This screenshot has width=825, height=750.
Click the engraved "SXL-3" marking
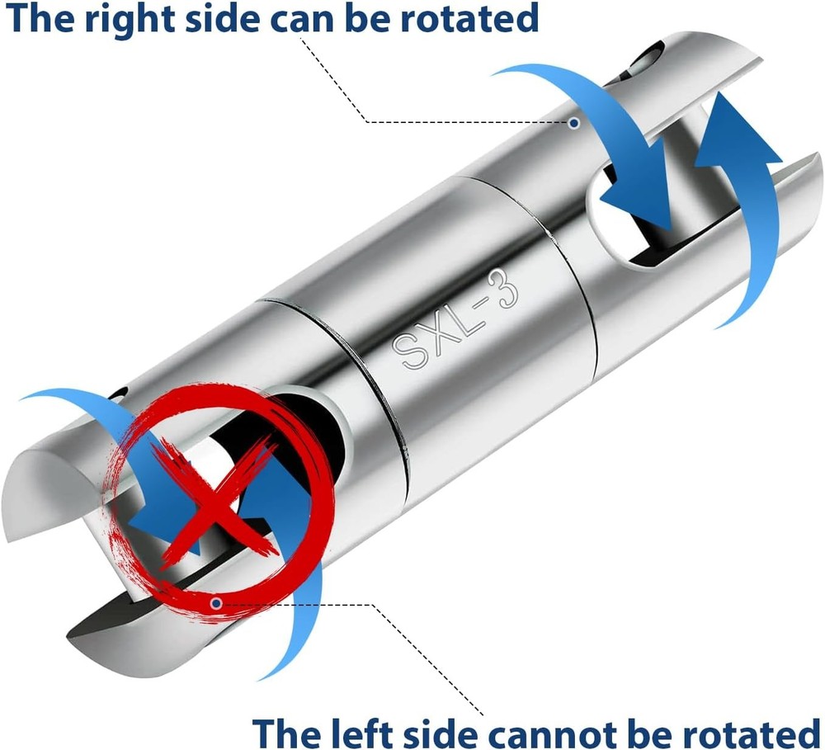[x=455, y=318]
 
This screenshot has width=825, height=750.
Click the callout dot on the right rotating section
[x=574, y=123]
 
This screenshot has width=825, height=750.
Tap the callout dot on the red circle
[x=215, y=603]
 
